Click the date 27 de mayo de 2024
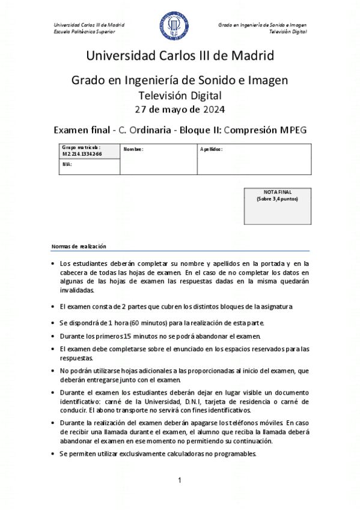pos(180,109)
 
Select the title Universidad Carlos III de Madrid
pos(180,56)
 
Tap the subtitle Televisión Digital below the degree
pos(180,95)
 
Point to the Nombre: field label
pos(133,149)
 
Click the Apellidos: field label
pos(212,149)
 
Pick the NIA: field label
pos(67,164)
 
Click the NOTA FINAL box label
pos(278,192)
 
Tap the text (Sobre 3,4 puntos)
pos(278,198)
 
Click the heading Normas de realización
pos(79,247)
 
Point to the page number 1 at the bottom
pos(180,479)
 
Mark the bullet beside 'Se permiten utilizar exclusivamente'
pos(53,453)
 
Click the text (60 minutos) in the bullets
pos(148,322)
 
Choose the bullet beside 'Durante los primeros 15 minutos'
pos(53,335)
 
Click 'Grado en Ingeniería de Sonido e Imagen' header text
pos(262,25)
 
